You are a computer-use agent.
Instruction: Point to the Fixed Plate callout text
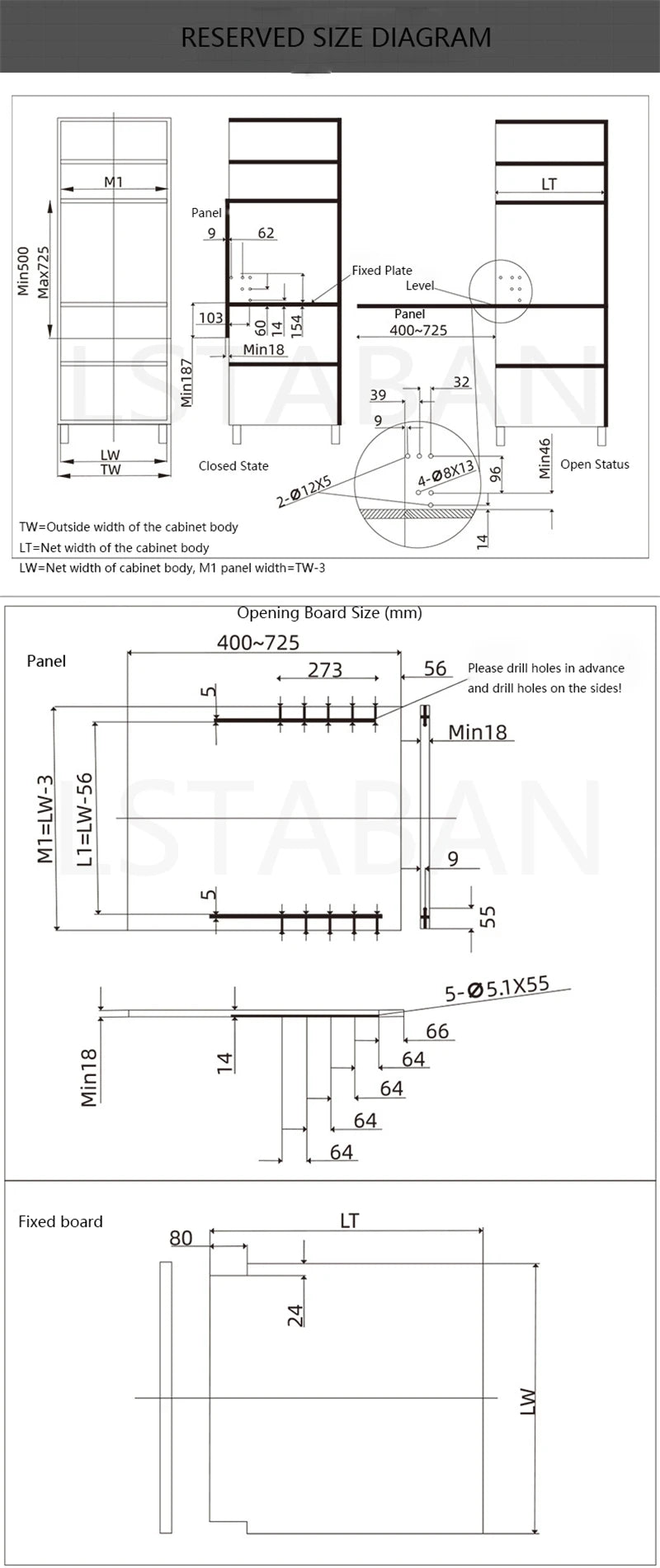[381, 270]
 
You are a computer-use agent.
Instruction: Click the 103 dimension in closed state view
[210, 318]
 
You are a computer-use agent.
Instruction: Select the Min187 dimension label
[186, 380]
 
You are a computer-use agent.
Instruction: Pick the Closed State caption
[233, 465]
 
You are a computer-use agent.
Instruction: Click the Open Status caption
[594, 464]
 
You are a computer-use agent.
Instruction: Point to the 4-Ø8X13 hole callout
[446, 473]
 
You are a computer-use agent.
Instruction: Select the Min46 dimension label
[544, 458]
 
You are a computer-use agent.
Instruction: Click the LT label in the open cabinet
[549, 184]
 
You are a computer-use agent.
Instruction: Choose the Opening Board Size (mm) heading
[329, 612]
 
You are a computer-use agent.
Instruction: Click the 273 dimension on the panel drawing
[325, 669]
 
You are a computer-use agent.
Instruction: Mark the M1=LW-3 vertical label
[45, 819]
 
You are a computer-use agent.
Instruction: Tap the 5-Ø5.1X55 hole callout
[497, 988]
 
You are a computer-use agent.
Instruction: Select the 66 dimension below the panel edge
[437, 1031]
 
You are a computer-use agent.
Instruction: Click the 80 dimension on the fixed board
[181, 1238]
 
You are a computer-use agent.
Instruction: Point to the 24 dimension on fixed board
[295, 1315]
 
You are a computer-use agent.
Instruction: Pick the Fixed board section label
[60, 1221]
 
